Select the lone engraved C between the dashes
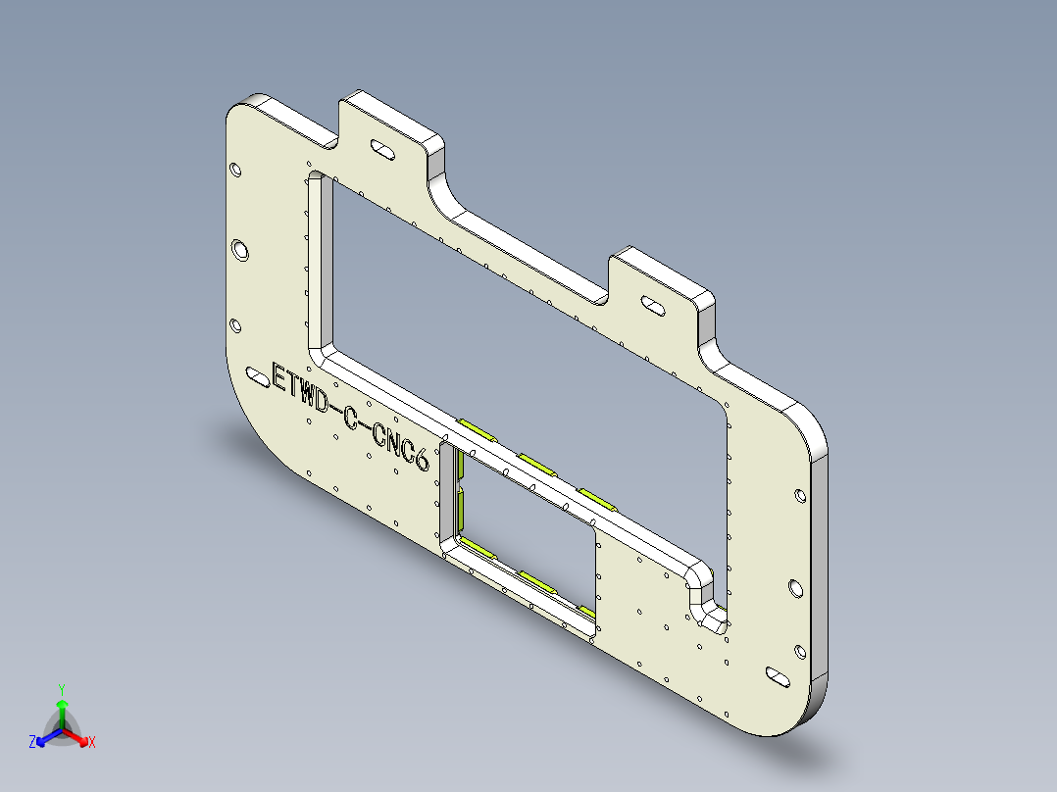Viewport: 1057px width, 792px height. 350,419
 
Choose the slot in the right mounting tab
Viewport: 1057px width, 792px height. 651,305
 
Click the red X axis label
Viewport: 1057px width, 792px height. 92,742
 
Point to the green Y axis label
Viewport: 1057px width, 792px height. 61,689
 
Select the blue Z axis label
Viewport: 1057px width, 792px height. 32,742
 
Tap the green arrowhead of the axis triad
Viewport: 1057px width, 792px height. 61,705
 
